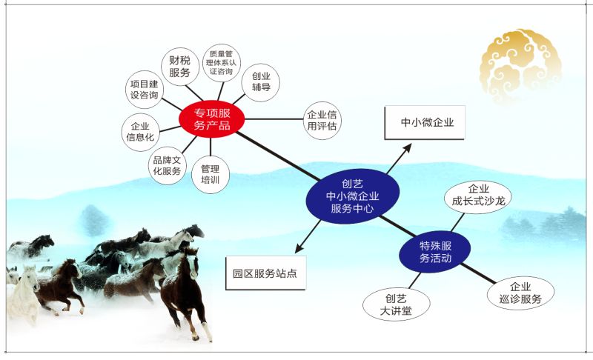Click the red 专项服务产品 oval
click(212, 119)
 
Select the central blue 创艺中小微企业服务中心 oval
click(353, 196)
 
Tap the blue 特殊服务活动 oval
click(435, 252)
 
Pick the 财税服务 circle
click(180, 67)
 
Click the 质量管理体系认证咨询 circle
click(221, 63)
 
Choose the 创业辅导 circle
click(261, 82)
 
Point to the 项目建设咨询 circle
click(144, 90)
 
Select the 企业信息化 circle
click(141, 132)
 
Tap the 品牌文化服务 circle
click(168, 165)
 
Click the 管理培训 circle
click(211, 175)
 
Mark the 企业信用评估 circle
click(322, 121)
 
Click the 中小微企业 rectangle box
click(425, 123)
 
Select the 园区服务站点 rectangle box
click(265, 273)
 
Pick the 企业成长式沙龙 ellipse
click(477, 197)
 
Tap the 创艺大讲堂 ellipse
click(396, 304)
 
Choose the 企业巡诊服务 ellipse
click(520, 293)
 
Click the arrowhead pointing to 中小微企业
click(407, 147)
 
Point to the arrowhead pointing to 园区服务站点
click(299, 248)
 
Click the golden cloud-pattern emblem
click(520, 66)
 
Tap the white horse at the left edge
click(23, 295)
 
